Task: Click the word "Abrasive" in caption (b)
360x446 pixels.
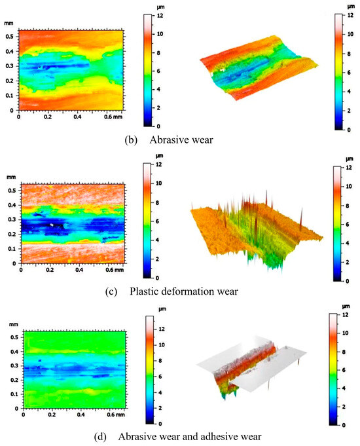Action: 166,139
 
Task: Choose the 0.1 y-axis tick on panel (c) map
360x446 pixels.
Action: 11,249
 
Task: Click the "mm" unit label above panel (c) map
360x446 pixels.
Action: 11,176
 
